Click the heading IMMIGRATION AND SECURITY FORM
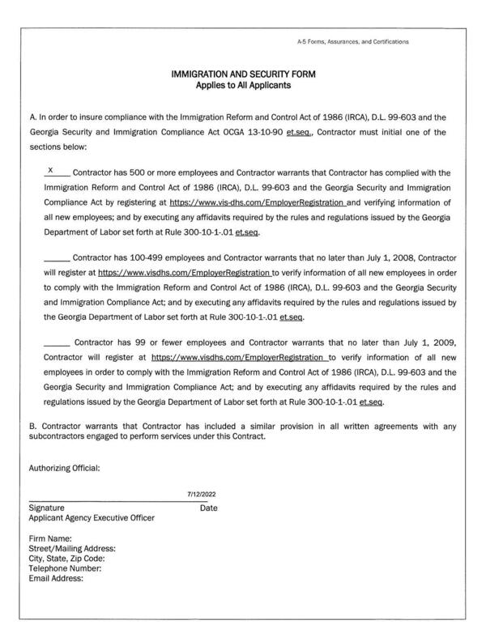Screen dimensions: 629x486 tap(243, 74)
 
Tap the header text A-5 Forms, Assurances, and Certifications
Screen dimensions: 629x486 tap(352, 41)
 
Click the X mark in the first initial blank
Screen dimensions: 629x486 tap(50, 171)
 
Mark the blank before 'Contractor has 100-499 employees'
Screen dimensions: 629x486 tap(57, 258)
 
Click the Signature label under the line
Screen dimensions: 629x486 tap(47, 508)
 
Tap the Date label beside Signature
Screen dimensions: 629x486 tap(208, 508)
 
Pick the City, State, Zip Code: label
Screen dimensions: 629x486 tap(66, 558)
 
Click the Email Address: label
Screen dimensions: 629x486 tap(56, 577)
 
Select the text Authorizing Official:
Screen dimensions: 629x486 tap(64, 467)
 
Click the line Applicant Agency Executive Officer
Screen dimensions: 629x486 tap(92, 517)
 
